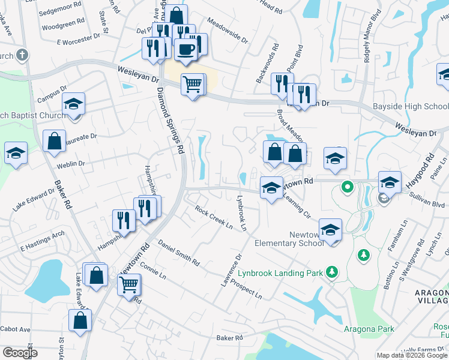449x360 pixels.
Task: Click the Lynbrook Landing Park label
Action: point(280,273)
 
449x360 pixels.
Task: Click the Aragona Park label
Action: point(369,328)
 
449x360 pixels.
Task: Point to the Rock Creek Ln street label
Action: point(213,217)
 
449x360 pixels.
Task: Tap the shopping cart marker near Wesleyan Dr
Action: point(192,85)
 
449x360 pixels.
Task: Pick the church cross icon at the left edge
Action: point(22,56)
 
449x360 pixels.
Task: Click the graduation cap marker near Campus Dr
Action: point(73,104)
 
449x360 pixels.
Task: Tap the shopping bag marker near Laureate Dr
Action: point(55,142)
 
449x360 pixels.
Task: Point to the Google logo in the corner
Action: point(20,353)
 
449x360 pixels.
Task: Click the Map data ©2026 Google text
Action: point(411,355)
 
